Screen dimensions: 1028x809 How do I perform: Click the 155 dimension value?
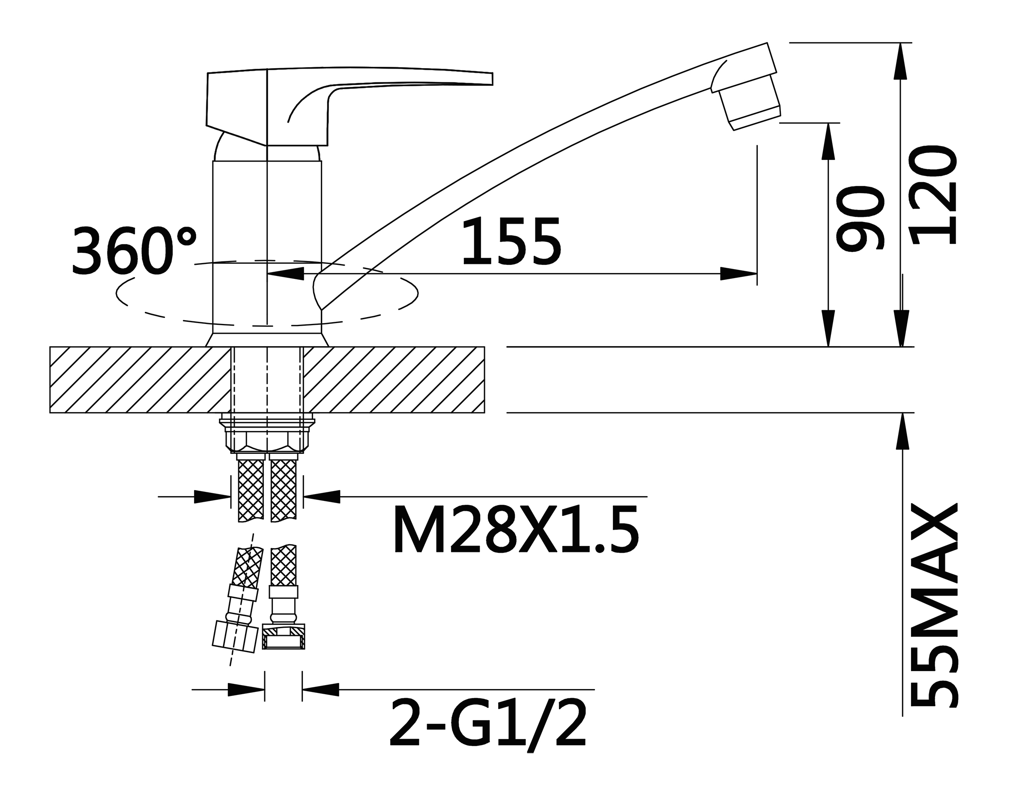click(511, 241)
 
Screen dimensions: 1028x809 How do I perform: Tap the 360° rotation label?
click(134, 250)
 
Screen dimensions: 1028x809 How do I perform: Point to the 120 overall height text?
click(933, 195)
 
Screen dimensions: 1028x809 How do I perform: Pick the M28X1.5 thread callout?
click(516, 529)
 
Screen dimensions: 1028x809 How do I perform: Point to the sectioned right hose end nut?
click(284, 636)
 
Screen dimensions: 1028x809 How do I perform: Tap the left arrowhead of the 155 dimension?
click(286, 274)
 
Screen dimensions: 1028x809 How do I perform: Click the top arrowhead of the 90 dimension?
click(828, 142)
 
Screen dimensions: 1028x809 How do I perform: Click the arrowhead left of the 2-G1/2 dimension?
click(246, 689)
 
